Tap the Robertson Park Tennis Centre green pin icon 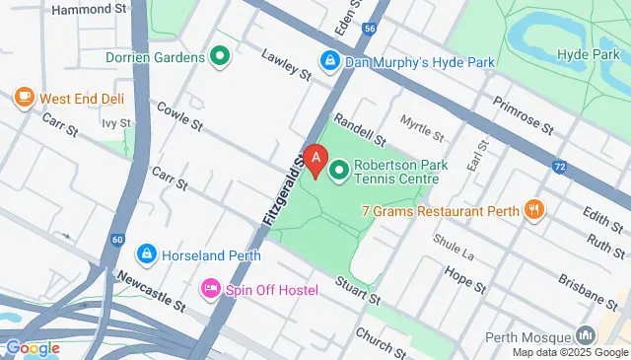point(339,173)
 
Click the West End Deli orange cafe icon point(25,98)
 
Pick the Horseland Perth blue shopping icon point(146,255)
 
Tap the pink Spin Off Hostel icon point(210,288)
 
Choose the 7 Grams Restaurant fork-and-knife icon point(535,209)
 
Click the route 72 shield point(560,167)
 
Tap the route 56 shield point(368,31)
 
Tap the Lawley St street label point(287,64)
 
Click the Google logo point(33,347)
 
